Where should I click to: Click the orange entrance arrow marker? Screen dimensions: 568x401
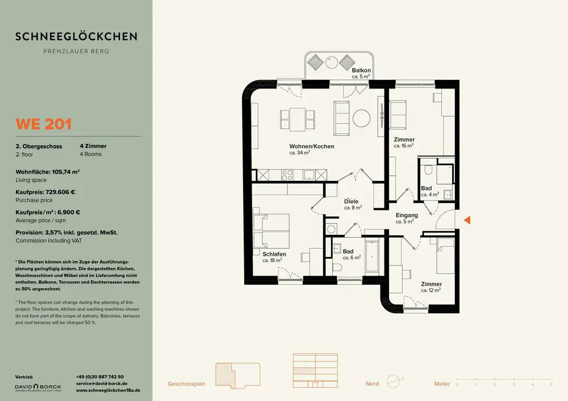point(467,220)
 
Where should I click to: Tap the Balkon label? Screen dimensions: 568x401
point(361,70)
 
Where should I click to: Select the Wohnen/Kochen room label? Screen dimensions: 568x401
point(311,146)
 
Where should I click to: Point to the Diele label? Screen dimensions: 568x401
point(351,201)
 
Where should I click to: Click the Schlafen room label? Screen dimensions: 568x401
point(274,254)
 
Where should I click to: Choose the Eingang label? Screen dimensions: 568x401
point(407,216)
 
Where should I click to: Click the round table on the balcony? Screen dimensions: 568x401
point(332,62)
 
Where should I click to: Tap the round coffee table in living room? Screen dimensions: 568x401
point(361,118)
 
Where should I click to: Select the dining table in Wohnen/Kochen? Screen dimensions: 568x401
point(297,119)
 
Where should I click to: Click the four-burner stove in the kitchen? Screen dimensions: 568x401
point(287,175)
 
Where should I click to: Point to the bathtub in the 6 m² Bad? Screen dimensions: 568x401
point(372,256)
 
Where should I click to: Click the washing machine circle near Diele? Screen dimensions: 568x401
point(331,229)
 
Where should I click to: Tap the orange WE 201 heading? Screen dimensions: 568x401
point(44,124)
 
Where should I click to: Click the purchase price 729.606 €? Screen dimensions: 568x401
point(60,192)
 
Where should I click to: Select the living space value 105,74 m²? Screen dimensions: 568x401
point(65,172)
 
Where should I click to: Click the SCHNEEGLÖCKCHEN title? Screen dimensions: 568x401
point(77,36)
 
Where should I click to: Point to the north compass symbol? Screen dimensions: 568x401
point(395,381)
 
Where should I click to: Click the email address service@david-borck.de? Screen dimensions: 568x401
point(102,383)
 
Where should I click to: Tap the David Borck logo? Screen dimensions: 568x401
point(38,387)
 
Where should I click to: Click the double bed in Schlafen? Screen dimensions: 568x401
point(272,231)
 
